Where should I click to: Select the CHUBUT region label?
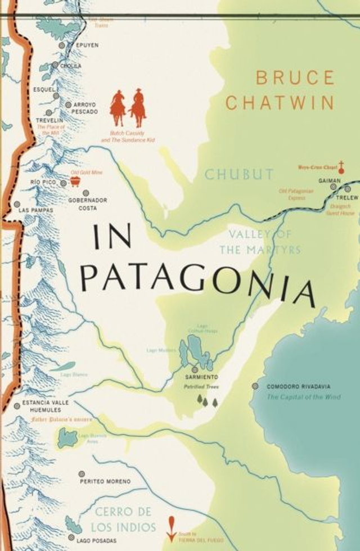coord(238,174)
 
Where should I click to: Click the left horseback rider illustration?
coord(118,107)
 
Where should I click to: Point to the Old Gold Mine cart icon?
coord(74,180)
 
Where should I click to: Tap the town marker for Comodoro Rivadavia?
coord(255,386)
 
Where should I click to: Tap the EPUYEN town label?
coord(87,45)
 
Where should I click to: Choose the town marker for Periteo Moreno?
coord(82,474)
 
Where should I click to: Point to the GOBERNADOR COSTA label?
coord(87,204)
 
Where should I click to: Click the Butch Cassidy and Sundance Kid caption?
coord(132,136)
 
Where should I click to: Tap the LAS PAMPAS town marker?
coord(17,204)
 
